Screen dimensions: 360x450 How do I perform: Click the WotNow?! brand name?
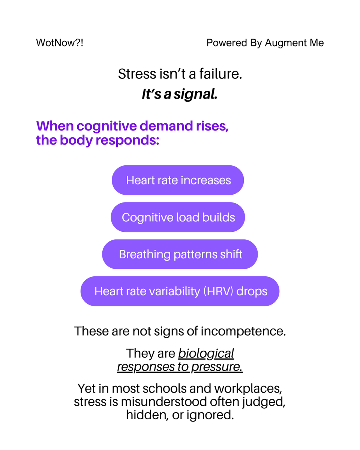click(60, 43)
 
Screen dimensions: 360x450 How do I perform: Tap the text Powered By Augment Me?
click(265, 43)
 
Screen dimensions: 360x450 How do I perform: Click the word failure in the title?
click(220, 74)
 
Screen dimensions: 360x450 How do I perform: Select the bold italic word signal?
click(195, 94)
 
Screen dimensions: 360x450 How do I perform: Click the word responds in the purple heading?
click(127, 141)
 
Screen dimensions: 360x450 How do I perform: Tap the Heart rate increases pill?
click(178, 180)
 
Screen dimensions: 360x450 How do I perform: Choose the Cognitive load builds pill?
click(178, 217)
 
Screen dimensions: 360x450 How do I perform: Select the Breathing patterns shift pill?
click(180, 254)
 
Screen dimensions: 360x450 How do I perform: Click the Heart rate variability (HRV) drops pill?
click(180, 291)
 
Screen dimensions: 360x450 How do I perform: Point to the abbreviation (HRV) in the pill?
click(218, 291)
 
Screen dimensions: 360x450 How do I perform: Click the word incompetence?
click(243, 331)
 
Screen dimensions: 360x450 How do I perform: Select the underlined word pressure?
click(217, 367)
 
